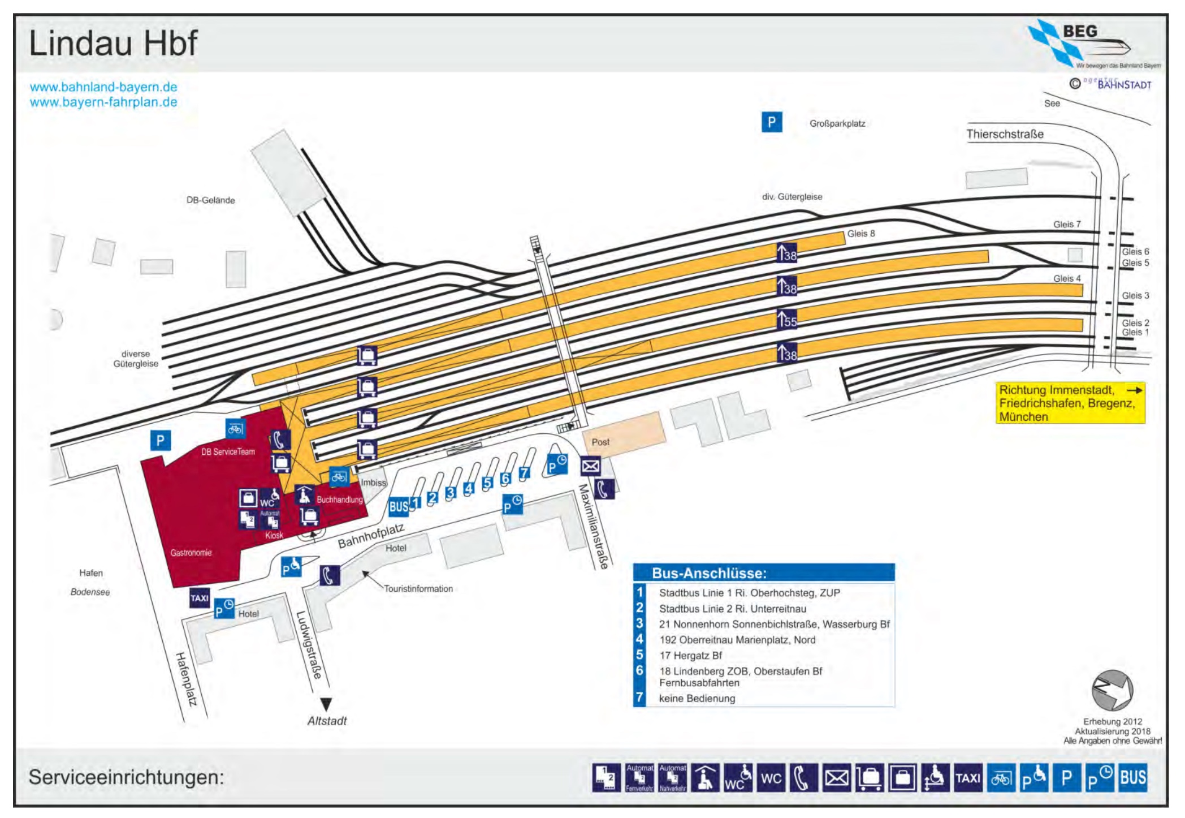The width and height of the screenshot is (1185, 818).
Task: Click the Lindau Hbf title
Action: (113, 43)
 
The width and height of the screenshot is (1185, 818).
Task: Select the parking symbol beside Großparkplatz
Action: (771, 122)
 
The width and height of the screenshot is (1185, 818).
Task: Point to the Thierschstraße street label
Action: (1005, 134)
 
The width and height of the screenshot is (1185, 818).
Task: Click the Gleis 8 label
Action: (860, 234)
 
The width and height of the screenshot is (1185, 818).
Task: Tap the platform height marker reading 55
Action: (786, 320)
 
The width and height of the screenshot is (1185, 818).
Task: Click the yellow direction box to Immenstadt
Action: (1070, 403)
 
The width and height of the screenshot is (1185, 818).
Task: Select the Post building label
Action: (600, 442)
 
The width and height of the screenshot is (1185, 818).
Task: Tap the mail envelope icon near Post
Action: (590, 466)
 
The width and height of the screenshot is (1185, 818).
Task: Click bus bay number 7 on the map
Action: (524, 473)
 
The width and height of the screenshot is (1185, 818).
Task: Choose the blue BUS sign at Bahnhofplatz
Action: (399, 506)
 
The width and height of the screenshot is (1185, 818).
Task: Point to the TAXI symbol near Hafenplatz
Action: (200, 598)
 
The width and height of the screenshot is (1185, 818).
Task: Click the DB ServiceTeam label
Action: (228, 451)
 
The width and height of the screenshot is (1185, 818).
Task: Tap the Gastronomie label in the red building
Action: (191, 553)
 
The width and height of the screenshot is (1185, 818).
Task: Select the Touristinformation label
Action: (418, 589)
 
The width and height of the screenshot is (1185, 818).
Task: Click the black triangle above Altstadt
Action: (326, 704)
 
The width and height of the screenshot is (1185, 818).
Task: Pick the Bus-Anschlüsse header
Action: (709, 573)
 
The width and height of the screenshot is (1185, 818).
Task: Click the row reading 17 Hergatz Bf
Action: (690, 656)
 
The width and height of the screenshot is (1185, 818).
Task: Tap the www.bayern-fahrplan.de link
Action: (103, 102)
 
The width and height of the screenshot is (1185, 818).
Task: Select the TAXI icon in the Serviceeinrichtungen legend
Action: (968, 778)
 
